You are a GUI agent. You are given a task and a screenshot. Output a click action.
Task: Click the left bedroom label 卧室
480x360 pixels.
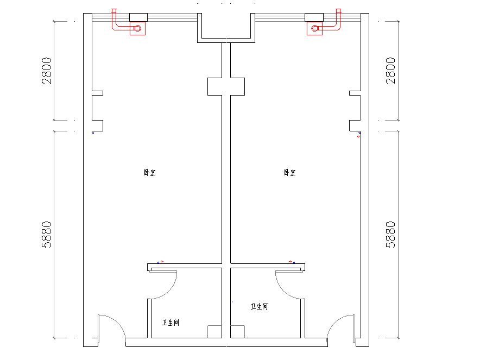coord(150,173)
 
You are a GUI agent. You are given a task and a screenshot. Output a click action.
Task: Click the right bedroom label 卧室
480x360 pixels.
coord(289,173)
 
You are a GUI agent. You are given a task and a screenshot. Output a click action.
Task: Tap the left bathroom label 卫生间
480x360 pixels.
coord(170,323)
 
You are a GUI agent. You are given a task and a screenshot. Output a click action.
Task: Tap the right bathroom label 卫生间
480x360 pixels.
coord(260,306)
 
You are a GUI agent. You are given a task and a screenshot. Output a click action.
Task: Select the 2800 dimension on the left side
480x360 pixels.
coord(47,71)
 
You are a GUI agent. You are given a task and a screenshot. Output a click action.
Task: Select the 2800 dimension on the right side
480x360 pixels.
coord(390,71)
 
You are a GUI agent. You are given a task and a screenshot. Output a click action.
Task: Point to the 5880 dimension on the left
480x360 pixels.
coord(47,235)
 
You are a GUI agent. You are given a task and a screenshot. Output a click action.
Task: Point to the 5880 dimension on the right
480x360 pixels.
coord(390,235)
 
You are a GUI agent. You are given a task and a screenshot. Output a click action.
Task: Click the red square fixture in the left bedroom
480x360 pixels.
coord(137,28)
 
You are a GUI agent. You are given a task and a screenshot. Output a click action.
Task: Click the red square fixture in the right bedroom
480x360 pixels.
coord(315,28)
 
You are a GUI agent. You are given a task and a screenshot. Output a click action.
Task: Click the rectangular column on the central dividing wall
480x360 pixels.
coord(226,87)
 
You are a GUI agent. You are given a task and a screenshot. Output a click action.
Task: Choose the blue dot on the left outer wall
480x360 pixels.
coord(93,132)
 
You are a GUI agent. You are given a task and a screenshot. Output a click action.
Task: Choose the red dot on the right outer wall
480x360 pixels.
coord(358,136)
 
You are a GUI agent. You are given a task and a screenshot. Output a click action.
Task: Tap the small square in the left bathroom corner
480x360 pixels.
coord(214,332)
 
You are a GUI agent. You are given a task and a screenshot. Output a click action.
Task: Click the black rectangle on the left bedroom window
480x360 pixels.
coord(138,17)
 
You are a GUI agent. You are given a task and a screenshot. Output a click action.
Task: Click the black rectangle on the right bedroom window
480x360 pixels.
coord(314,17)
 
